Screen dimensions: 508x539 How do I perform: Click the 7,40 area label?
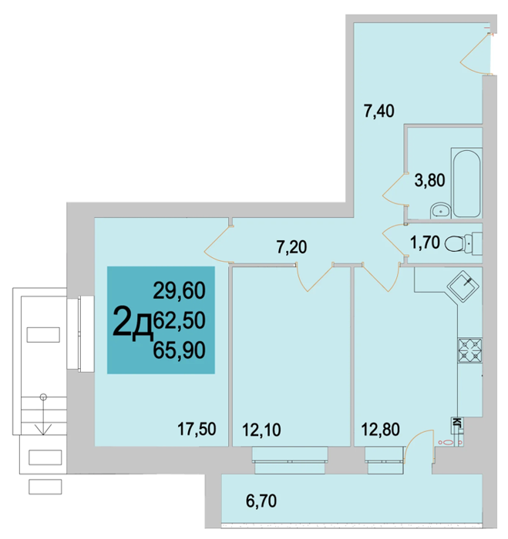[379, 112]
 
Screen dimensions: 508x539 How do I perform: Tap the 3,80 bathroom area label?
[429, 180]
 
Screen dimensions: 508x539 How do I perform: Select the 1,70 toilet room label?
[425, 243]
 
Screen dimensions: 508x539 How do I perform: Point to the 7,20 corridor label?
[291, 247]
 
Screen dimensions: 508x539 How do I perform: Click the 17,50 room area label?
[197, 430]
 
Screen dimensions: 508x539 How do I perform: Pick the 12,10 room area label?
[261, 430]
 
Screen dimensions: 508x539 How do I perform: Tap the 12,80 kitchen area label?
[380, 430]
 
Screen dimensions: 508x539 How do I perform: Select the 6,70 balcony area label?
[261, 501]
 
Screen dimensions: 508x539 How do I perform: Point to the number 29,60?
[179, 290]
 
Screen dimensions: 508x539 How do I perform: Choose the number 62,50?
[179, 320]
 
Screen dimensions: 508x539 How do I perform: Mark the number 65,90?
[179, 350]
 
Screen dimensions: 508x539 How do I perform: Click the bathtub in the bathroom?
[466, 183]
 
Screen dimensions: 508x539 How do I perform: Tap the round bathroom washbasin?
[441, 210]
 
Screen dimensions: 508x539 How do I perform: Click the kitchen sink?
[463, 286]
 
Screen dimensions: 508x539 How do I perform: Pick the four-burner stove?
[470, 350]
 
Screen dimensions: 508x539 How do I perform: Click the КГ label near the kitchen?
[457, 422]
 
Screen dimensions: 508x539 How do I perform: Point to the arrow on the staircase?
[43, 414]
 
